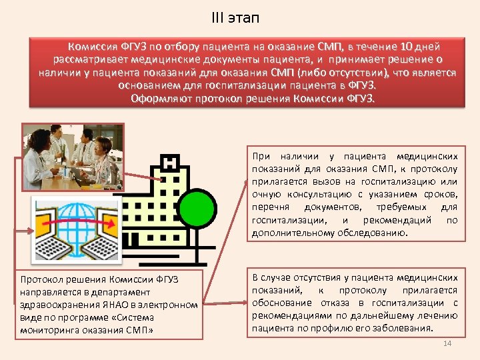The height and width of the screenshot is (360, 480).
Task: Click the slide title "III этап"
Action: (239, 17)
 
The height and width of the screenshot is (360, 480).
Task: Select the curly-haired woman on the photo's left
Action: (37, 150)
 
